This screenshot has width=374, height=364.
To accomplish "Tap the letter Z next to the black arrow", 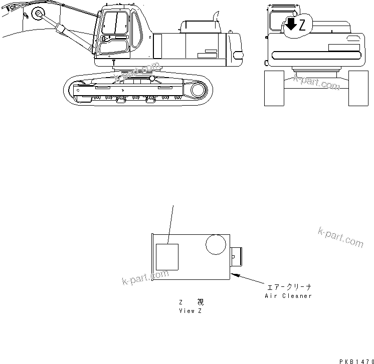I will point(302,27).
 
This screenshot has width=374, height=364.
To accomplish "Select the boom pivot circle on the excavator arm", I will point(37,14).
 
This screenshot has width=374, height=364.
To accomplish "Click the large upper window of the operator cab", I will point(115,24).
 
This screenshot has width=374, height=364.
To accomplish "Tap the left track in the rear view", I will point(274,88).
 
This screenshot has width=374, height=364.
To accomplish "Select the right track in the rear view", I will point(358,88).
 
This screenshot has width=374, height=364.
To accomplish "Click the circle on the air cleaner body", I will point(215,246).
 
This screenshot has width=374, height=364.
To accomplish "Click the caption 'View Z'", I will point(191,310).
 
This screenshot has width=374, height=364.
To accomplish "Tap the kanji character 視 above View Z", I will point(200,302).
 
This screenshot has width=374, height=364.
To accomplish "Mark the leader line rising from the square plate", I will point(171,223).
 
